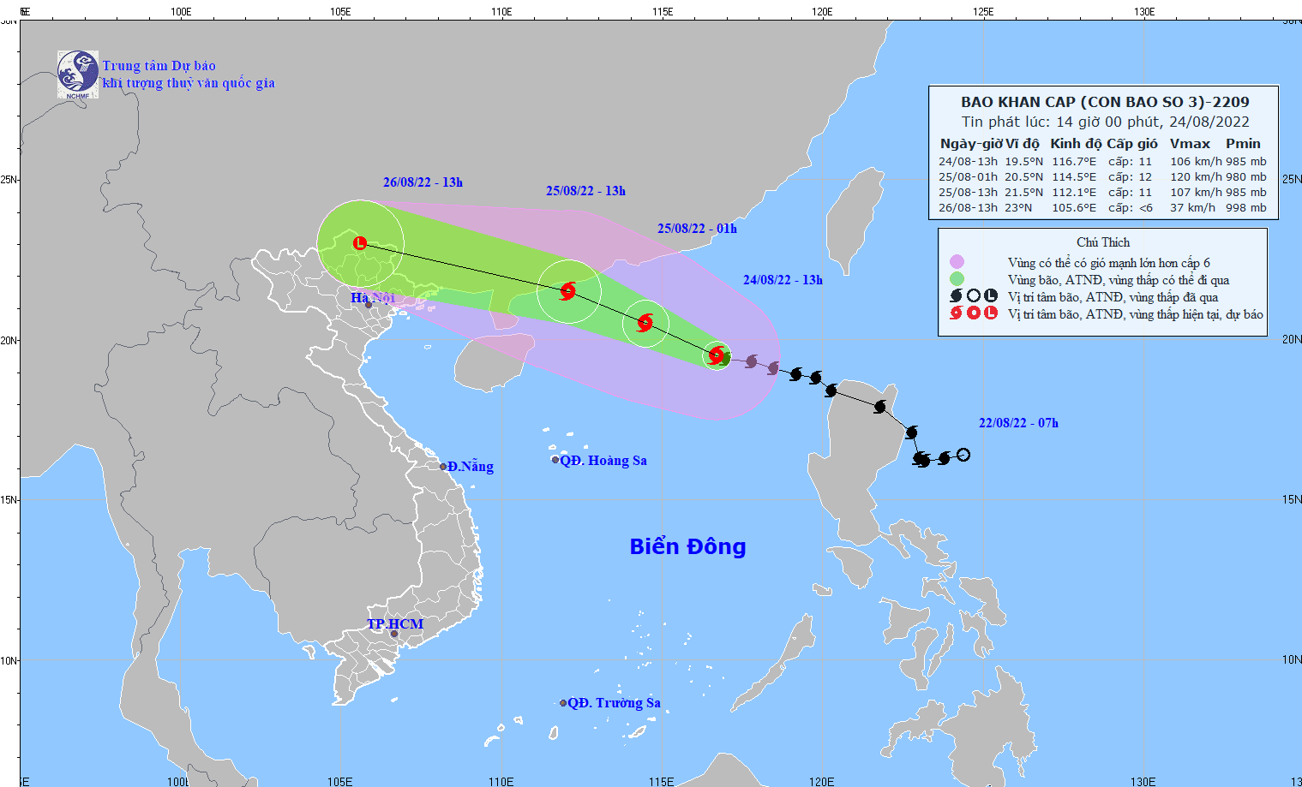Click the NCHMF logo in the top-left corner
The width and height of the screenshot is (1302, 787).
[x=77, y=74]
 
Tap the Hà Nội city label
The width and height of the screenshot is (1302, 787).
[x=372, y=298]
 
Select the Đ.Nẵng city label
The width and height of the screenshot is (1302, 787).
[x=470, y=467]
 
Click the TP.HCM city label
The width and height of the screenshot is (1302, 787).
[x=395, y=624]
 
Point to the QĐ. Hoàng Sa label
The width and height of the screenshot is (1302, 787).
[x=603, y=461]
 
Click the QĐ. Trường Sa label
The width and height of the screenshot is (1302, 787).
[x=614, y=703]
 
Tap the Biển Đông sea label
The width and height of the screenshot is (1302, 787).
[x=687, y=546]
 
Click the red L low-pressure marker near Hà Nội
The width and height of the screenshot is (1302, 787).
[x=360, y=243]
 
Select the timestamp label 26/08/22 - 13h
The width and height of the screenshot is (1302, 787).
[x=423, y=182]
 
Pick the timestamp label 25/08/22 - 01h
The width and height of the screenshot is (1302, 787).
[x=697, y=229]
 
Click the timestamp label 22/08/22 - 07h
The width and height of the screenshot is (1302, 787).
[x=1018, y=423]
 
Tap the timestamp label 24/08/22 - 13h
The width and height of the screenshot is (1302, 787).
[x=783, y=280]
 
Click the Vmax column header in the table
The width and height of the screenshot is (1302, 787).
[x=1190, y=144]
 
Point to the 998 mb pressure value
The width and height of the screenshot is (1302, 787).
[x=1245, y=208]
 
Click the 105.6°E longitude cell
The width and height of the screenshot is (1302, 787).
[x=1074, y=208]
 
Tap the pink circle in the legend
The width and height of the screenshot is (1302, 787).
[x=957, y=262]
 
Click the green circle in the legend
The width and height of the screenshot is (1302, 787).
[x=957, y=279]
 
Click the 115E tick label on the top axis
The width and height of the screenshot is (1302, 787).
[x=662, y=12]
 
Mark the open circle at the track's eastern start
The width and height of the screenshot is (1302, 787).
[x=963, y=455]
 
